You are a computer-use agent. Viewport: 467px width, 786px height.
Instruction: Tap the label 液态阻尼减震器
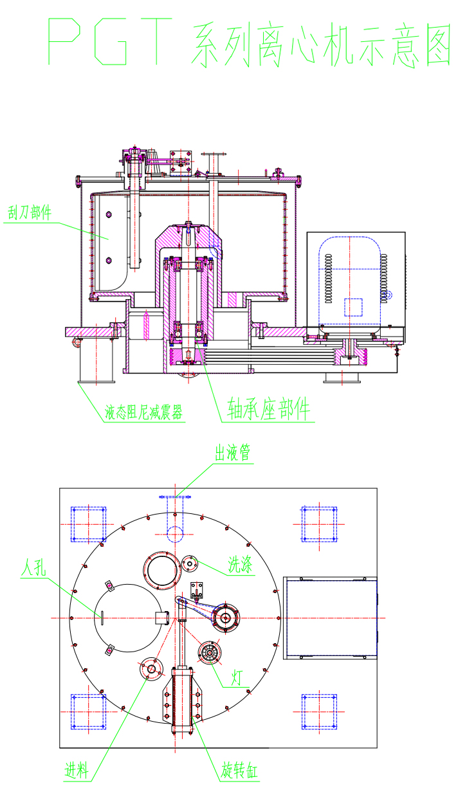[x=143, y=412]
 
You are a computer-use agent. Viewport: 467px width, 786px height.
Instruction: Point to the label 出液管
[x=232, y=454]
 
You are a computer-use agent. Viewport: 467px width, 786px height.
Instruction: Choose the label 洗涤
[x=240, y=565]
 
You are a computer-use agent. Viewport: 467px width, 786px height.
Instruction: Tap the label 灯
[x=237, y=676]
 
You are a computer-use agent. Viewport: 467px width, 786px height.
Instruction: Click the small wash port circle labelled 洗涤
[x=190, y=563]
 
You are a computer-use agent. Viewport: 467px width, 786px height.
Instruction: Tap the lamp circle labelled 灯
[x=210, y=653]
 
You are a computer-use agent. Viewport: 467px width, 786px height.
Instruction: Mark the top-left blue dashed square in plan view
[x=88, y=524]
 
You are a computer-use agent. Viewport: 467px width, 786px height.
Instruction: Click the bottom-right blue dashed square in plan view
[x=319, y=711]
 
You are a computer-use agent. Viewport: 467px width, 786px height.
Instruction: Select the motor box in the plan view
[x=329, y=617]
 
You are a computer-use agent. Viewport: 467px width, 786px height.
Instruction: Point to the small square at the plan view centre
[x=162, y=618]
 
